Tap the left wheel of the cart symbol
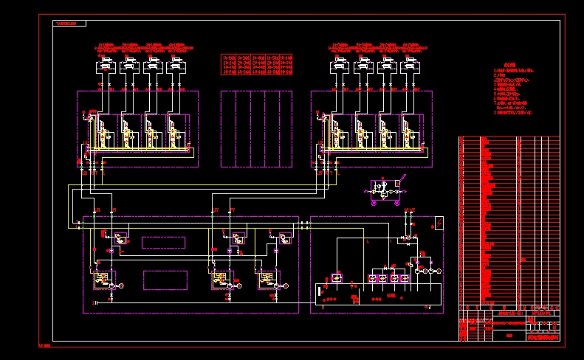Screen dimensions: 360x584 point(374,201)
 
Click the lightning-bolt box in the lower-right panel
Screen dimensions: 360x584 point(439,221)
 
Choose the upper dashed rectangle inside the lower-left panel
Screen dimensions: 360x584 point(164,242)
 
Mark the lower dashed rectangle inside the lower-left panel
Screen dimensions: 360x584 point(165,280)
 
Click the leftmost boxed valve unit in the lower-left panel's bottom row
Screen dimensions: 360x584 point(99,280)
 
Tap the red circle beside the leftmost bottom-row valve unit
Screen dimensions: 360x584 point(123,285)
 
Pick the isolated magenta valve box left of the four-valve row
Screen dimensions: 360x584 point(336,277)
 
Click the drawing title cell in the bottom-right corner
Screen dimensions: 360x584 point(542,336)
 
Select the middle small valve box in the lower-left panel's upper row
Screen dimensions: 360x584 point(238,239)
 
